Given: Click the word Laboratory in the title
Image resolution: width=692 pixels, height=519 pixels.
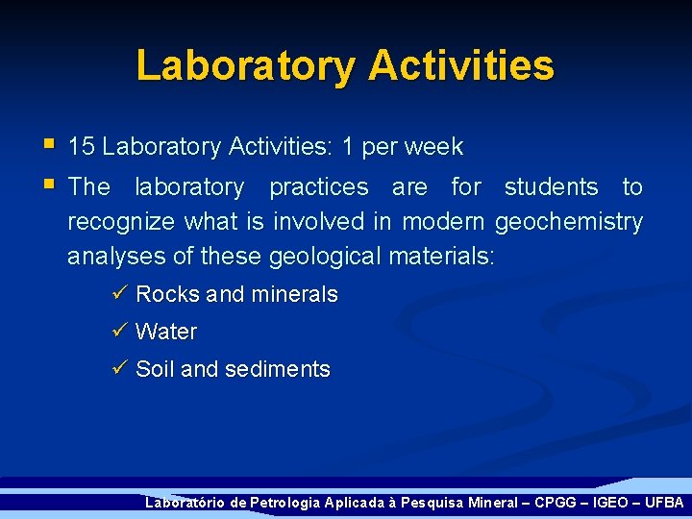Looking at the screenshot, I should [x=245, y=66].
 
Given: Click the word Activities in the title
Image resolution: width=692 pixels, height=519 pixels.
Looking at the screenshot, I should [x=460, y=66].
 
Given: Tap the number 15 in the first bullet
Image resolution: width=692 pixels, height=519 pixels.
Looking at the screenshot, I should [x=82, y=147].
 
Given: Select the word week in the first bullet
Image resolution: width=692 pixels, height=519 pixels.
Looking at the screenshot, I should [x=433, y=147].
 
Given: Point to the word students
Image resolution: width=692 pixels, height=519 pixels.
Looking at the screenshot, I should [x=551, y=186].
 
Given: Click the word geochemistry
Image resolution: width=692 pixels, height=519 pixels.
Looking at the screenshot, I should [x=568, y=222].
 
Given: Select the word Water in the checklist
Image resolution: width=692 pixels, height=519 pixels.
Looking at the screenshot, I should [x=166, y=332].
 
